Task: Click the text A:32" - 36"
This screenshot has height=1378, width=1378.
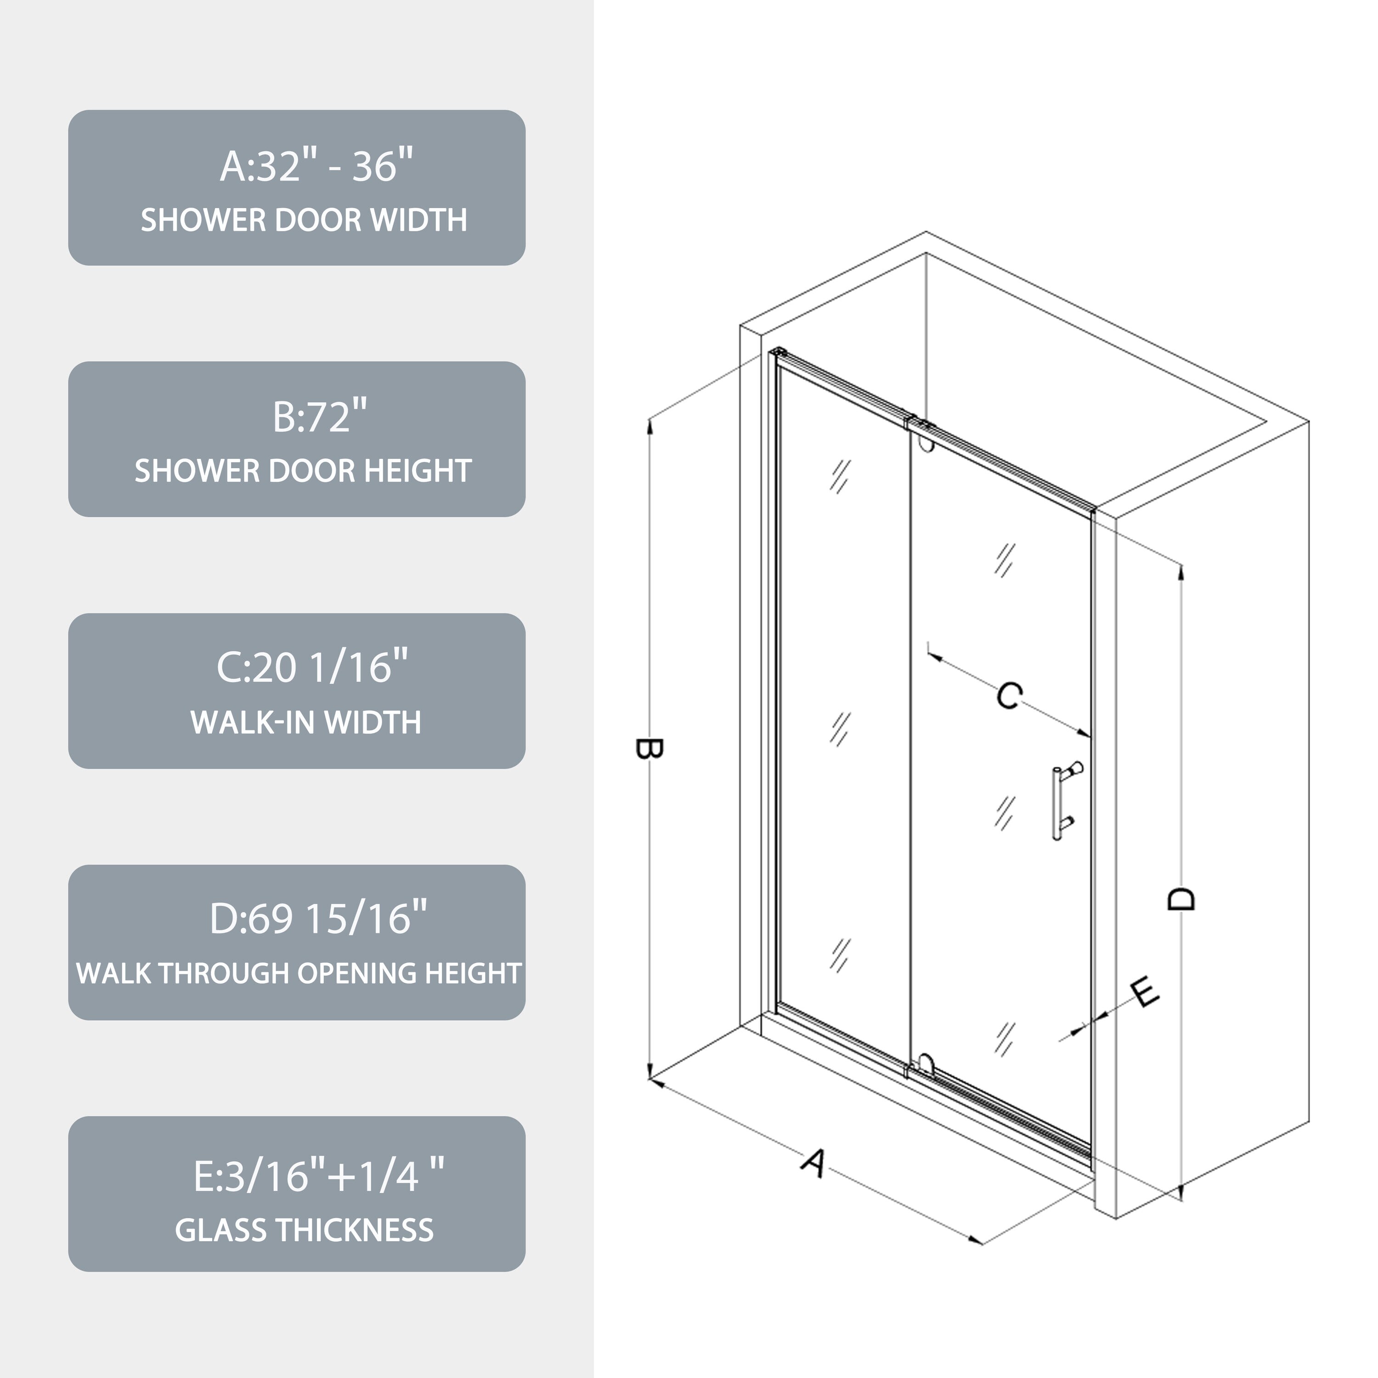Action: [316, 166]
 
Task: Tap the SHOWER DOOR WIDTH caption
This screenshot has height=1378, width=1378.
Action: [304, 220]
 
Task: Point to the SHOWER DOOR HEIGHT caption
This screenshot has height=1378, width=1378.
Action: [303, 471]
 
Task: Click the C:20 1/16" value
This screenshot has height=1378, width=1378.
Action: [312, 668]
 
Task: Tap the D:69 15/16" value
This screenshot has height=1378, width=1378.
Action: [318, 920]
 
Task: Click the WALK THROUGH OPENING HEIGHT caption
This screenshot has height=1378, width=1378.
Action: [299, 974]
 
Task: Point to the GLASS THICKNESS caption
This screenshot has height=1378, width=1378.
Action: [305, 1231]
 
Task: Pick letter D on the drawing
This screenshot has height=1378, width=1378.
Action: [1181, 899]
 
